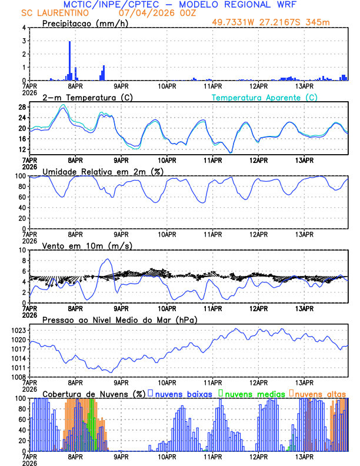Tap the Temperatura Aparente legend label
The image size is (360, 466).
pos(264,97)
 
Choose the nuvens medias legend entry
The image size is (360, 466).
pos(252,394)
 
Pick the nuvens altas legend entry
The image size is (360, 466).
pos(319,394)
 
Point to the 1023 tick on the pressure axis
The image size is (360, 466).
pos(19,330)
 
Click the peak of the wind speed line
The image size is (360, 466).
pos(108,259)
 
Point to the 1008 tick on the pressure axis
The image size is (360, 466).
pos(19,377)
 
